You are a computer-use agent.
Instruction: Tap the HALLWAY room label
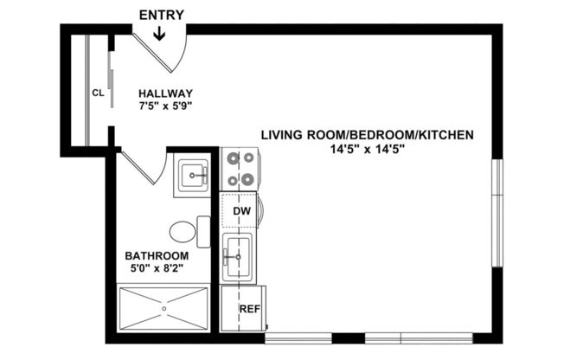164,93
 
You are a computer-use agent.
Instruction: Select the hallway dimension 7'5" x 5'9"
164,106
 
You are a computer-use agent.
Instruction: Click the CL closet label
99,93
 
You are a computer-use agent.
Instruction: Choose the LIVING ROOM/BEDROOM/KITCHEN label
368,135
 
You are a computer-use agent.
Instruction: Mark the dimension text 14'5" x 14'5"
368,149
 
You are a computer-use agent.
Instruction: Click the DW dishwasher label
241,211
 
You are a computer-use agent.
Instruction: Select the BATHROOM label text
157,255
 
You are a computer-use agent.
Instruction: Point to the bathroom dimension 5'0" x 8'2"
157,268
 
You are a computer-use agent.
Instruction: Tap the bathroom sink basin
193,176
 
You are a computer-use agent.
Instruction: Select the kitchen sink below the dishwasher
237,257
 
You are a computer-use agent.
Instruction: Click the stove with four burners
240,169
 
